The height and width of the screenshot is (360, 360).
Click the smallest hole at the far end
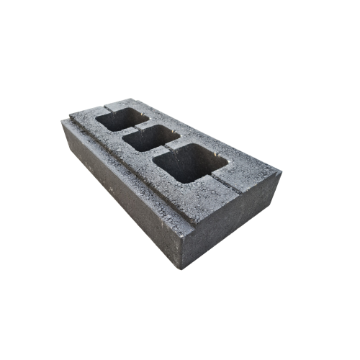click(x=121, y=119)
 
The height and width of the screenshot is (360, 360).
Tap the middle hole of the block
click(x=150, y=138)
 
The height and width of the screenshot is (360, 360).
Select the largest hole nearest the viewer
click(x=190, y=163)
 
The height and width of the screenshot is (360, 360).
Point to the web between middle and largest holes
click(x=167, y=146)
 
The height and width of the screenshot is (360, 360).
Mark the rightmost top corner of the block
click(x=280, y=174)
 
